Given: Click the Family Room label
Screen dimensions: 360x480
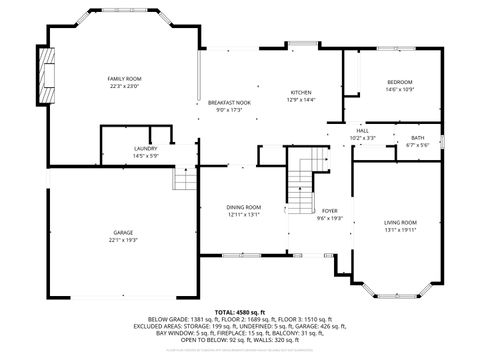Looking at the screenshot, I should coord(125,78).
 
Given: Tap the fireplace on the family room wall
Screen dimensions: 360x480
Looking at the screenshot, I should coord(44,73).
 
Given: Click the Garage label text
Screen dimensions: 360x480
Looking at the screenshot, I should coord(123,232).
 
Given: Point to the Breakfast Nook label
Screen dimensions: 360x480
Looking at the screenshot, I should coord(229,103).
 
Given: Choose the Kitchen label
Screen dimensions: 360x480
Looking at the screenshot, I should coord(301,92).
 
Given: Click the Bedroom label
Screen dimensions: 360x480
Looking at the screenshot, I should coord(399,83).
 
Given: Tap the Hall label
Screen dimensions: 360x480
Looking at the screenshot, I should coord(363,130).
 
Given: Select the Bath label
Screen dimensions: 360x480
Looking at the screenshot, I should coord(417,139).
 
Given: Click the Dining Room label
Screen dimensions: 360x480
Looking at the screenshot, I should coord(243,207).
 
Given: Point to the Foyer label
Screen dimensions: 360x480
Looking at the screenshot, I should coord(329,211).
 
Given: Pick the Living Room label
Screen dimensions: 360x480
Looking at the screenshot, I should coord(400,222).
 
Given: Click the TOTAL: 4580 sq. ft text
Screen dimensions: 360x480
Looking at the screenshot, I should coord(241,313).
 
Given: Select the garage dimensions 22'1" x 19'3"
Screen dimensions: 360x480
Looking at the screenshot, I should coord(123,240).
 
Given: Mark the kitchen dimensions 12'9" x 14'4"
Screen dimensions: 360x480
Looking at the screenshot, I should coord(301,100).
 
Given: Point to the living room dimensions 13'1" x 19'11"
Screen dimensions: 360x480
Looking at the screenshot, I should coord(400,230).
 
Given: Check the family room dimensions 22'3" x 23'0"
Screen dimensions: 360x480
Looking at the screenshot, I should coord(125,86).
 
